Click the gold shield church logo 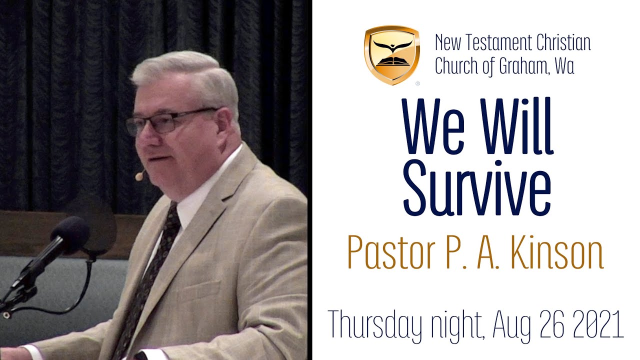(x=391, y=54)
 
